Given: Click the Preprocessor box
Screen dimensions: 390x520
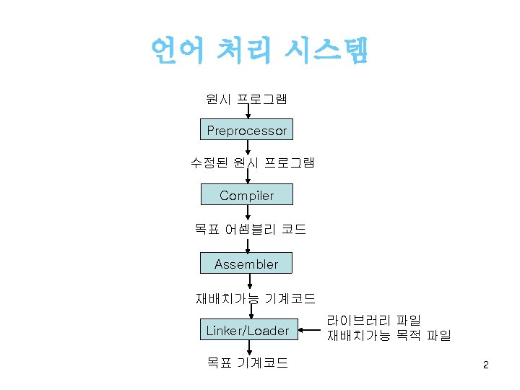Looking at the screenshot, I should pos(246,131).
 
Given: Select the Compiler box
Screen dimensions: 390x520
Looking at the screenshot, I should pos(246,196).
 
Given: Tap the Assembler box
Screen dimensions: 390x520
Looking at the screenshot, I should pos(246,264).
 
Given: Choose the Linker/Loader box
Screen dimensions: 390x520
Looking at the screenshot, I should pos(247,331).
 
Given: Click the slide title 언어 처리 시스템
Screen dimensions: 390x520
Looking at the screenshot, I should pos(259,51).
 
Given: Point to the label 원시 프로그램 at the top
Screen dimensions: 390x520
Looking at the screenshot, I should pos(247,98).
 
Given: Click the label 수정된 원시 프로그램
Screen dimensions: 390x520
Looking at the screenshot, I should pos(246,162).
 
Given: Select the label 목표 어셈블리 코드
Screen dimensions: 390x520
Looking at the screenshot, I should pos(249,230).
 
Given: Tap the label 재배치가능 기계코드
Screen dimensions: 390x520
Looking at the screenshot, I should pos(255,298).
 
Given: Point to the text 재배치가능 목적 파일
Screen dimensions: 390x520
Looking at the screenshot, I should pos(389,335).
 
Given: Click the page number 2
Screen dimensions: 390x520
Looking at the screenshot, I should pos(486,365).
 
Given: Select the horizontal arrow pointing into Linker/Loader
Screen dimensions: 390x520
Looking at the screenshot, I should pos(308,331).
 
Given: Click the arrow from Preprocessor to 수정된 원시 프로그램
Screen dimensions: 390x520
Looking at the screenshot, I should pos(248,148).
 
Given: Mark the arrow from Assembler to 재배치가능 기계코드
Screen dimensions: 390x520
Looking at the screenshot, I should pos(248,282).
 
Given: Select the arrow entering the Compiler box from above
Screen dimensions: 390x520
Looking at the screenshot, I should pos(248,178).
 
